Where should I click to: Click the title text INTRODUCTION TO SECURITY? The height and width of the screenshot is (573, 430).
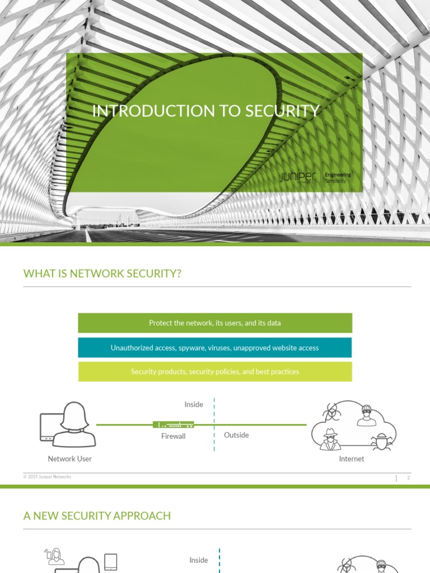(206, 111)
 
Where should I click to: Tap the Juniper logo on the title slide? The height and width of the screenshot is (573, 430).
(298, 178)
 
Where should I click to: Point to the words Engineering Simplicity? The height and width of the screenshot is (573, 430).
(338, 178)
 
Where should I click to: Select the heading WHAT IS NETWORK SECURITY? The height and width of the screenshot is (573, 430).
(102, 274)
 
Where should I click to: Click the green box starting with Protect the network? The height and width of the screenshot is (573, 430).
(215, 323)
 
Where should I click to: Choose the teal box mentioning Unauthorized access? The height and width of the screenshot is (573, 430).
(215, 347)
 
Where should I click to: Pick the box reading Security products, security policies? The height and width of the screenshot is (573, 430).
(215, 372)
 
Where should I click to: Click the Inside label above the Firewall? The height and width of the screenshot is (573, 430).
(194, 405)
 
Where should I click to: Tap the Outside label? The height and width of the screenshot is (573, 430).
(236, 435)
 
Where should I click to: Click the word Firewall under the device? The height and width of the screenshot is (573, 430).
(173, 436)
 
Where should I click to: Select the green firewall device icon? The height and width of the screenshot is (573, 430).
(173, 425)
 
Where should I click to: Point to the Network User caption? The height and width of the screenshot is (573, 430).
(69, 459)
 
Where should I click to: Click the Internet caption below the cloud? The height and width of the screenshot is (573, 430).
(352, 459)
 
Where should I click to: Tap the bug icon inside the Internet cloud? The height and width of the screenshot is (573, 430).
(381, 441)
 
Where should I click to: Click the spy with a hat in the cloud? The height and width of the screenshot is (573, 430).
(330, 439)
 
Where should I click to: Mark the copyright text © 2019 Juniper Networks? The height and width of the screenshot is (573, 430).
(47, 477)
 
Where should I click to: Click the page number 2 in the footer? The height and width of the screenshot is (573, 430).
(409, 478)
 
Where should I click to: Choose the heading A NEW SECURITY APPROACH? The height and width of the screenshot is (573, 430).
(97, 515)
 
